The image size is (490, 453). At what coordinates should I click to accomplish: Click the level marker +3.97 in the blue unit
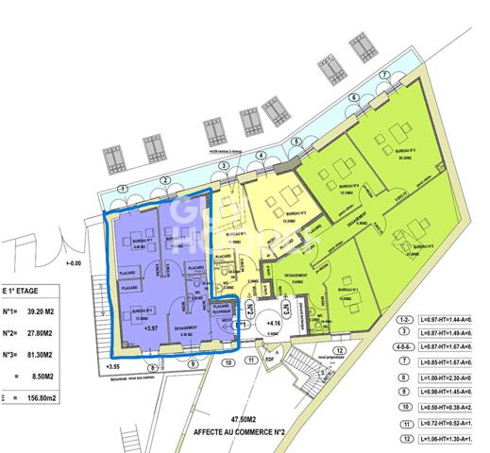pyautogui.click(x=150, y=329)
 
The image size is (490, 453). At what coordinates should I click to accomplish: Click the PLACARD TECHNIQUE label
pyautogui.click(x=223, y=310)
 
